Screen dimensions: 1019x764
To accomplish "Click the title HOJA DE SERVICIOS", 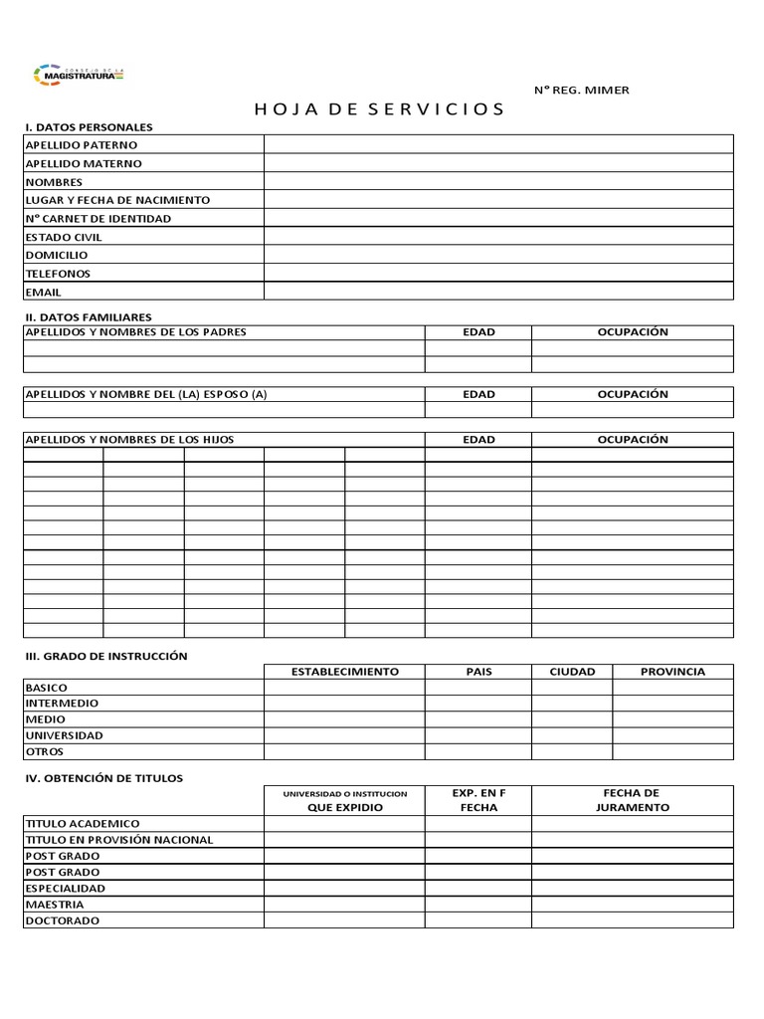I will [x=380, y=109].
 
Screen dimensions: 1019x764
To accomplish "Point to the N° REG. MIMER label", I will [x=581, y=91].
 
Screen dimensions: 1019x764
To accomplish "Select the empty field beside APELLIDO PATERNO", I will [x=497, y=145].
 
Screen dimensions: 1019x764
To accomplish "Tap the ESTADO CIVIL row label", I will [x=64, y=237].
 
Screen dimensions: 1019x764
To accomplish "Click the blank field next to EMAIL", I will [x=497, y=292].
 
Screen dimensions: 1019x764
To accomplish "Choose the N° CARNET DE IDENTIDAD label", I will [x=97, y=219].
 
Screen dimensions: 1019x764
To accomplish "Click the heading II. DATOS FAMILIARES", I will [x=88, y=316].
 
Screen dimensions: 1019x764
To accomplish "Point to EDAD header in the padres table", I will [x=478, y=332].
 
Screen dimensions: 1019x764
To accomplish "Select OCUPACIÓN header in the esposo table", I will [x=632, y=394].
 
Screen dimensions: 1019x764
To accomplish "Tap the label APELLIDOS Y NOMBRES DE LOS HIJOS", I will [x=129, y=440].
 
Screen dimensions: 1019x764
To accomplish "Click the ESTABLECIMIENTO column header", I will [x=344, y=672].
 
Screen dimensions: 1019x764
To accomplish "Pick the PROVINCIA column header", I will [x=672, y=672].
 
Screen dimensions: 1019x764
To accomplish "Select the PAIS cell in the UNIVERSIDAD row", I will [x=478, y=735].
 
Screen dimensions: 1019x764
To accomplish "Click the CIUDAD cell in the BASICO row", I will [x=572, y=688].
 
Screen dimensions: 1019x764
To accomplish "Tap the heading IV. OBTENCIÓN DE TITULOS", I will [x=103, y=778].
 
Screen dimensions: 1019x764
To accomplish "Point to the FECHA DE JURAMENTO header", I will [x=632, y=800].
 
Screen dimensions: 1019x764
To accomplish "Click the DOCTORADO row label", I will [x=62, y=920].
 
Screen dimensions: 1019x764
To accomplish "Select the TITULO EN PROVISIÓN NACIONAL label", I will [x=118, y=840].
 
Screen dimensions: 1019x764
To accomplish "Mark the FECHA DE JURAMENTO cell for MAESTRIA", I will [x=632, y=905].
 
